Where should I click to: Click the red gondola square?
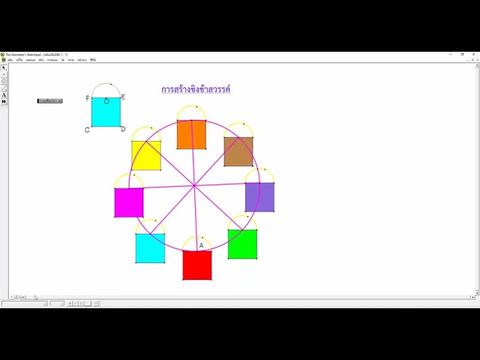click(x=197, y=265)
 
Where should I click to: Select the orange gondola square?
click(x=191, y=134)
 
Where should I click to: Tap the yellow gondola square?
click(x=146, y=155)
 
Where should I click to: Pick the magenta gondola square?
click(x=129, y=202)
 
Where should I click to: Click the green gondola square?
click(x=242, y=244)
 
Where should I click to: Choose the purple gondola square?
click(x=259, y=197)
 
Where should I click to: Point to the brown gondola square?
click(x=238, y=151)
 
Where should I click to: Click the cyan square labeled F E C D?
click(x=106, y=112)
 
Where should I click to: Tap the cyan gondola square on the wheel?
click(x=150, y=247)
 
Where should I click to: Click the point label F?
click(x=88, y=98)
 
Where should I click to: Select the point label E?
click(x=123, y=97)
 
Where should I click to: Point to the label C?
click(x=87, y=130)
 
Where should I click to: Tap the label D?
click(x=124, y=129)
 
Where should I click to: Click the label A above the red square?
click(x=201, y=245)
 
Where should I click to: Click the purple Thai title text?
click(x=196, y=89)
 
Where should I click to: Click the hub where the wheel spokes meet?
click(x=194, y=184)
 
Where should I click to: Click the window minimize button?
click(x=452, y=54)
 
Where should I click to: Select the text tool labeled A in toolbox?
click(x=4, y=94)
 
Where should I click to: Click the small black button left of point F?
click(x=50, y=100)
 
